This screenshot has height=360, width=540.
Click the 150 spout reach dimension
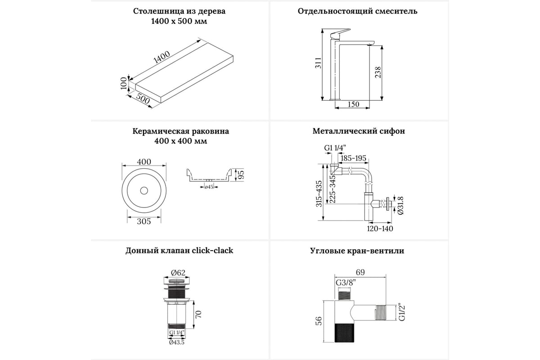[x=354, y=104]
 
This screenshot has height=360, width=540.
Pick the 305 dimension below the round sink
[x=144, y=221]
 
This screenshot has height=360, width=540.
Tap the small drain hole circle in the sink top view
[x=144, y=190]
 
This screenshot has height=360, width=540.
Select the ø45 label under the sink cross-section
[x=209, y=187]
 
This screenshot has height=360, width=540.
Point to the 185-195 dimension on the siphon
[x=354, y=158]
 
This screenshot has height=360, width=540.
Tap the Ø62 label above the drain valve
[x=179, y=272]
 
